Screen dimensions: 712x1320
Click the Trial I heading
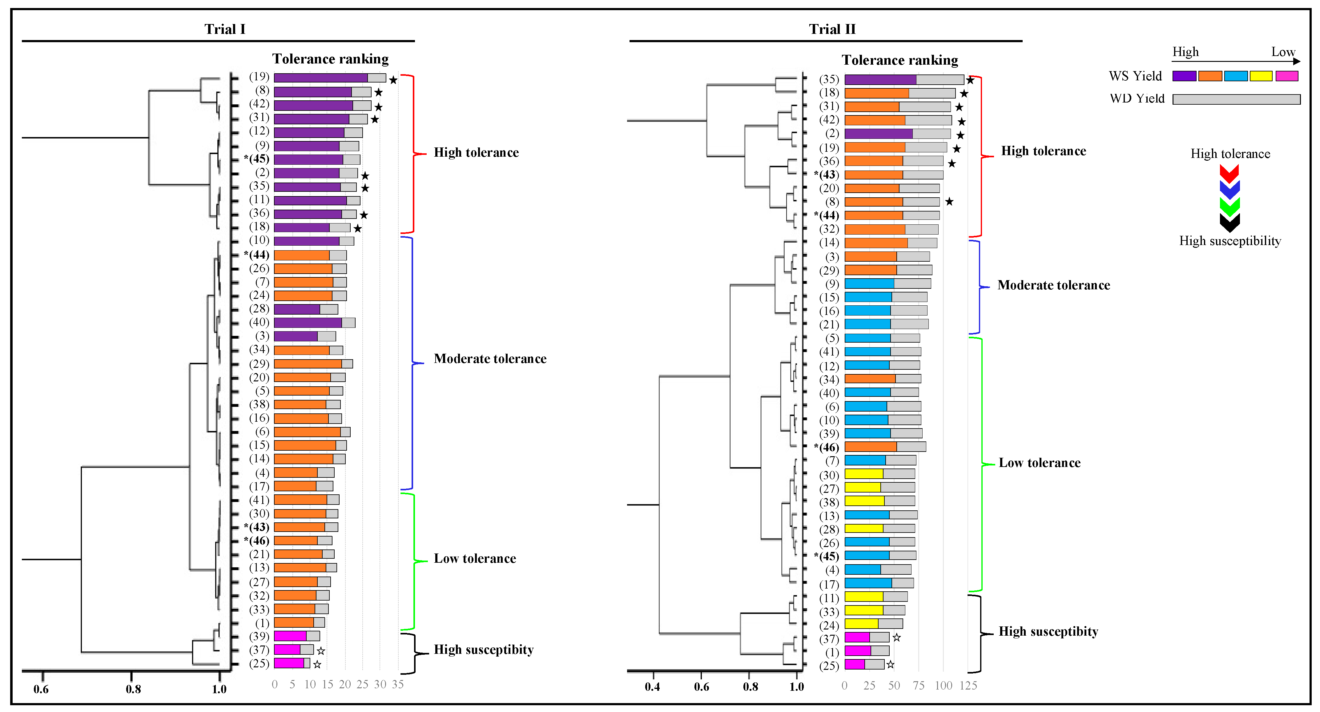pyautogui.click(x=225, y=29)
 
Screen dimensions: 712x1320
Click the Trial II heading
pyautogui.click(x=832, y=29)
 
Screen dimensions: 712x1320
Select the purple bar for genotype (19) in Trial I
pyautogui.click(x=320, y=78)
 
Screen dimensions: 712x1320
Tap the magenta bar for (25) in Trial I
pyautogui.click(x=288, y=663)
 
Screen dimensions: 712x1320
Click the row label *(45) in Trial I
pyautogui.click(x=257, y=159)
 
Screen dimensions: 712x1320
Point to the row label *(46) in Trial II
pyautogui.click(x=827, y=447)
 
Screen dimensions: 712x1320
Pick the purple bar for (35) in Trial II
pyautogui.click(x=880, y=79)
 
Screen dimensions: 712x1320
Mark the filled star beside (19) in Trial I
pyautogui.click(x=393, y=80)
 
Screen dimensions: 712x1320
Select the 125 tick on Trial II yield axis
pyautogui.click(x=968, y=685)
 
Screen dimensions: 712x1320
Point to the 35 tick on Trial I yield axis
pyautogui.click(x=398, y=684)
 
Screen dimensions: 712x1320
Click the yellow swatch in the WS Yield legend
pyautogui.click(x=1261, y=76)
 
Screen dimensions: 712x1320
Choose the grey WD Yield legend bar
pyautogui.click(x=1236, y=99)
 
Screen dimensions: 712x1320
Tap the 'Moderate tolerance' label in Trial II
pyautogui.click(x=1053, y=285)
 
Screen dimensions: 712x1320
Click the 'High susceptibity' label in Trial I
pyautogui.click(x=483, y=650)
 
